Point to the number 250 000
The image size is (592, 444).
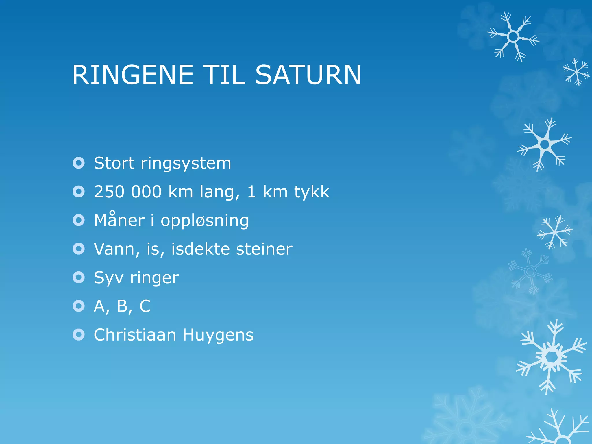click(128, 192)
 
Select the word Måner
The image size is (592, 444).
click(119, 220)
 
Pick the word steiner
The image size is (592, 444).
click(264, 249)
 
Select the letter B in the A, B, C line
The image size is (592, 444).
click(123, 306)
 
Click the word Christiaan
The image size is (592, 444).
click(135, 335)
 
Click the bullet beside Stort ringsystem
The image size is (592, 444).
click(79, 163)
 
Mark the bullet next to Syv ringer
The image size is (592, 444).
click(79, 277)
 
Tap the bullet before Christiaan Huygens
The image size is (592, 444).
click(79, 335)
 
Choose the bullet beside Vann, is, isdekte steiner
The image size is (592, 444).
click(79, 249)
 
